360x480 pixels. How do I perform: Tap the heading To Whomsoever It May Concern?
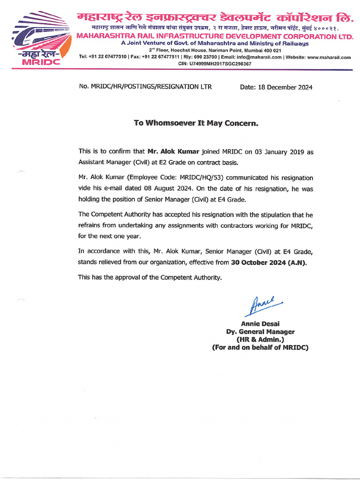click(x=196, y=123)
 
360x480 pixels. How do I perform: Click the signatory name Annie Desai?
click(x=260, y=323)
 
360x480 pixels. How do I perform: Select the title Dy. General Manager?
click(x=260, y=331)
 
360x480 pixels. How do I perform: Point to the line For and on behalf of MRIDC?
click(x=260, y=347)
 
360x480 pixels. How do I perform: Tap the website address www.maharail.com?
click(x=329, y=57)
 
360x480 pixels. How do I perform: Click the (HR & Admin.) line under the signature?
click(x=260, y=339)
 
